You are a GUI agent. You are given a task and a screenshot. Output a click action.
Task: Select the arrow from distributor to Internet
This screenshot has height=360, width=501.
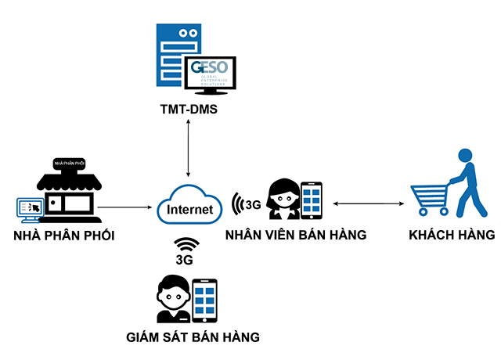pos(125,207)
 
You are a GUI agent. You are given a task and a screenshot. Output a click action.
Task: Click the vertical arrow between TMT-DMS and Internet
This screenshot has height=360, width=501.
pos(188,149)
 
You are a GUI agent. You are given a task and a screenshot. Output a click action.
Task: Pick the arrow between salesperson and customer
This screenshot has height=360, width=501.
pos(369,204)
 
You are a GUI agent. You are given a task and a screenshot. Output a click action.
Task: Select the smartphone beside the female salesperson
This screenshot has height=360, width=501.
pos(312,200)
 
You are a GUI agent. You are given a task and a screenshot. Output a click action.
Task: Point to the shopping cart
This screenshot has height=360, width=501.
pos(430,198)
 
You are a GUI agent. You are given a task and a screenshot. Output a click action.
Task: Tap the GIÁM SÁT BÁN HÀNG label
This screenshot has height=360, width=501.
pos(193,337)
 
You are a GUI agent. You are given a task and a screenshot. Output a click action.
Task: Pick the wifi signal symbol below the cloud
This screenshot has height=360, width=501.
pos(186,243)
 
